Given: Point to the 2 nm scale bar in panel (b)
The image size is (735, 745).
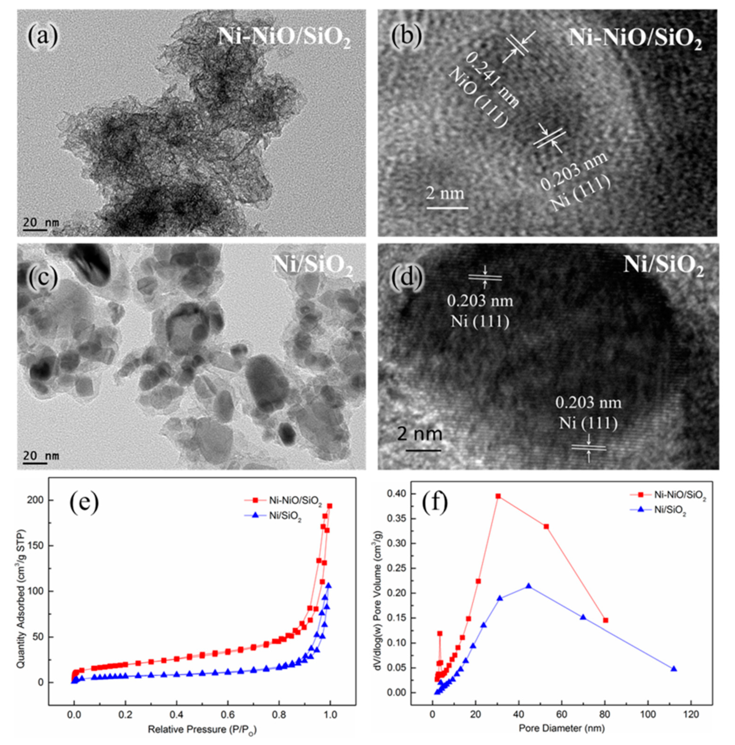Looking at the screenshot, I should coord(447,208).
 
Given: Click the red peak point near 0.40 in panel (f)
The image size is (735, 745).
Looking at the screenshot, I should coord(498,496).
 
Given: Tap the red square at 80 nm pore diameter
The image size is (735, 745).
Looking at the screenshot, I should coord(606,620).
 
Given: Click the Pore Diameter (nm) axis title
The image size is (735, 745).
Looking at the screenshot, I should coord(562,728).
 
